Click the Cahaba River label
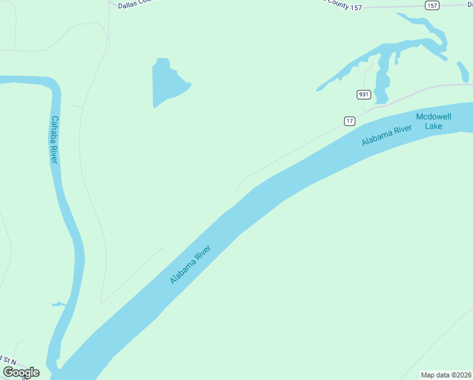tap(54, 140)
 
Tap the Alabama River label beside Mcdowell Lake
tap(386, 136)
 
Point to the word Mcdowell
tap(433, 117)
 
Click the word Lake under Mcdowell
tap(433, 125)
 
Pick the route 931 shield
tap(363, 94)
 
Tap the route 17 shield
tap(350, 120)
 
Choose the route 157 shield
tap(432, 6)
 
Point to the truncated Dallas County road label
tap(136, 3)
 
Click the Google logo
tap(21, 372)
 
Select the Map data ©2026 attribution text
tap(445, 375)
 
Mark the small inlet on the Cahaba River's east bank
tap(58, 304)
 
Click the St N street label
tap(9, 359)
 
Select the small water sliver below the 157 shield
tap(463, 72)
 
